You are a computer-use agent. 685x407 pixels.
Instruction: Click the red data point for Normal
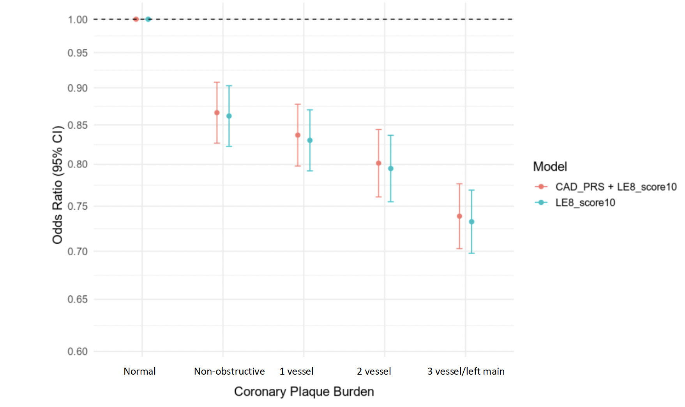[x=136, y=19]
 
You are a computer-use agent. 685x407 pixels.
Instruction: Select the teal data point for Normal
[x=148, y=19]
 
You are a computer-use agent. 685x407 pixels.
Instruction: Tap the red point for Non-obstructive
[x=217, y=113]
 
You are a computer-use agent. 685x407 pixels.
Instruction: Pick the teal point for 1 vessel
[x=310, y=140]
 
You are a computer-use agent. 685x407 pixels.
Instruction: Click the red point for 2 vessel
[x=379, y=163]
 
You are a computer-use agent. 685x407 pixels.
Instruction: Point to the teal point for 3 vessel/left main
[x=471, y=222]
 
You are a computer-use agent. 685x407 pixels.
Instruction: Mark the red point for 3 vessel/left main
[x=459, y=216]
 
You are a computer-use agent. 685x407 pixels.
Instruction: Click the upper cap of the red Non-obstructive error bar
[x=217, y=82]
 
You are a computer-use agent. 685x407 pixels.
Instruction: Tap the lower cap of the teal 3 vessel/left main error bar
[x=471, y=253]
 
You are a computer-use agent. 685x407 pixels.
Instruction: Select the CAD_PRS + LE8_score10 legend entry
[x=616, y=187]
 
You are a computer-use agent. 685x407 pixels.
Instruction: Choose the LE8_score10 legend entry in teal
[x=585, y=203]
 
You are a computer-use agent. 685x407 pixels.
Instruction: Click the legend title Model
[x=550, y=166]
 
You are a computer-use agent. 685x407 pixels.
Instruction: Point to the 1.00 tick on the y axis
[x=78, y=19]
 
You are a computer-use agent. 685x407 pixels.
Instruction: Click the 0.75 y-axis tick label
[x=78, y=206]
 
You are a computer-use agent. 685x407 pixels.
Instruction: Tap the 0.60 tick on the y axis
[x=78, y=352]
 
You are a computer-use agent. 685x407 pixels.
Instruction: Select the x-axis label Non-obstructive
[x=229, y=371]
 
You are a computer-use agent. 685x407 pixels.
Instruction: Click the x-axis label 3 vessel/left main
[x=466, y=371]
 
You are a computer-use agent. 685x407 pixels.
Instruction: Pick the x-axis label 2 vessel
[x=374, y=371]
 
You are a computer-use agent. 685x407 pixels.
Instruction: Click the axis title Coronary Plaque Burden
[x=304, y=391]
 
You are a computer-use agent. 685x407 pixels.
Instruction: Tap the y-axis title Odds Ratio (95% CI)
[x=57, y=185]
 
